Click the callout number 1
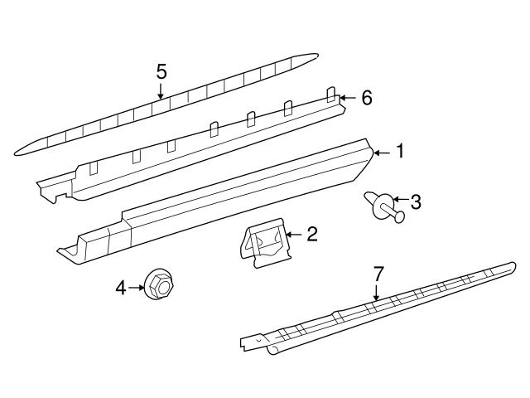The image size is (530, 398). tap(399, 152)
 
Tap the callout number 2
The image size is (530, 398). tap(311, 235)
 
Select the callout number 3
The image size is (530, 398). tap(416, 201)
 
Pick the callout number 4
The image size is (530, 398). tap(120, 288)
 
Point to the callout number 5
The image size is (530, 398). tap(161, 72)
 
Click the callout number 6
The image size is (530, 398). tap(366, 99)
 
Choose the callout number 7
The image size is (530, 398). tap(378, 273)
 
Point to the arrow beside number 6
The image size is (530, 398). tap(349, 99)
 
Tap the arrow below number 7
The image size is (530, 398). tap(377, 292)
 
